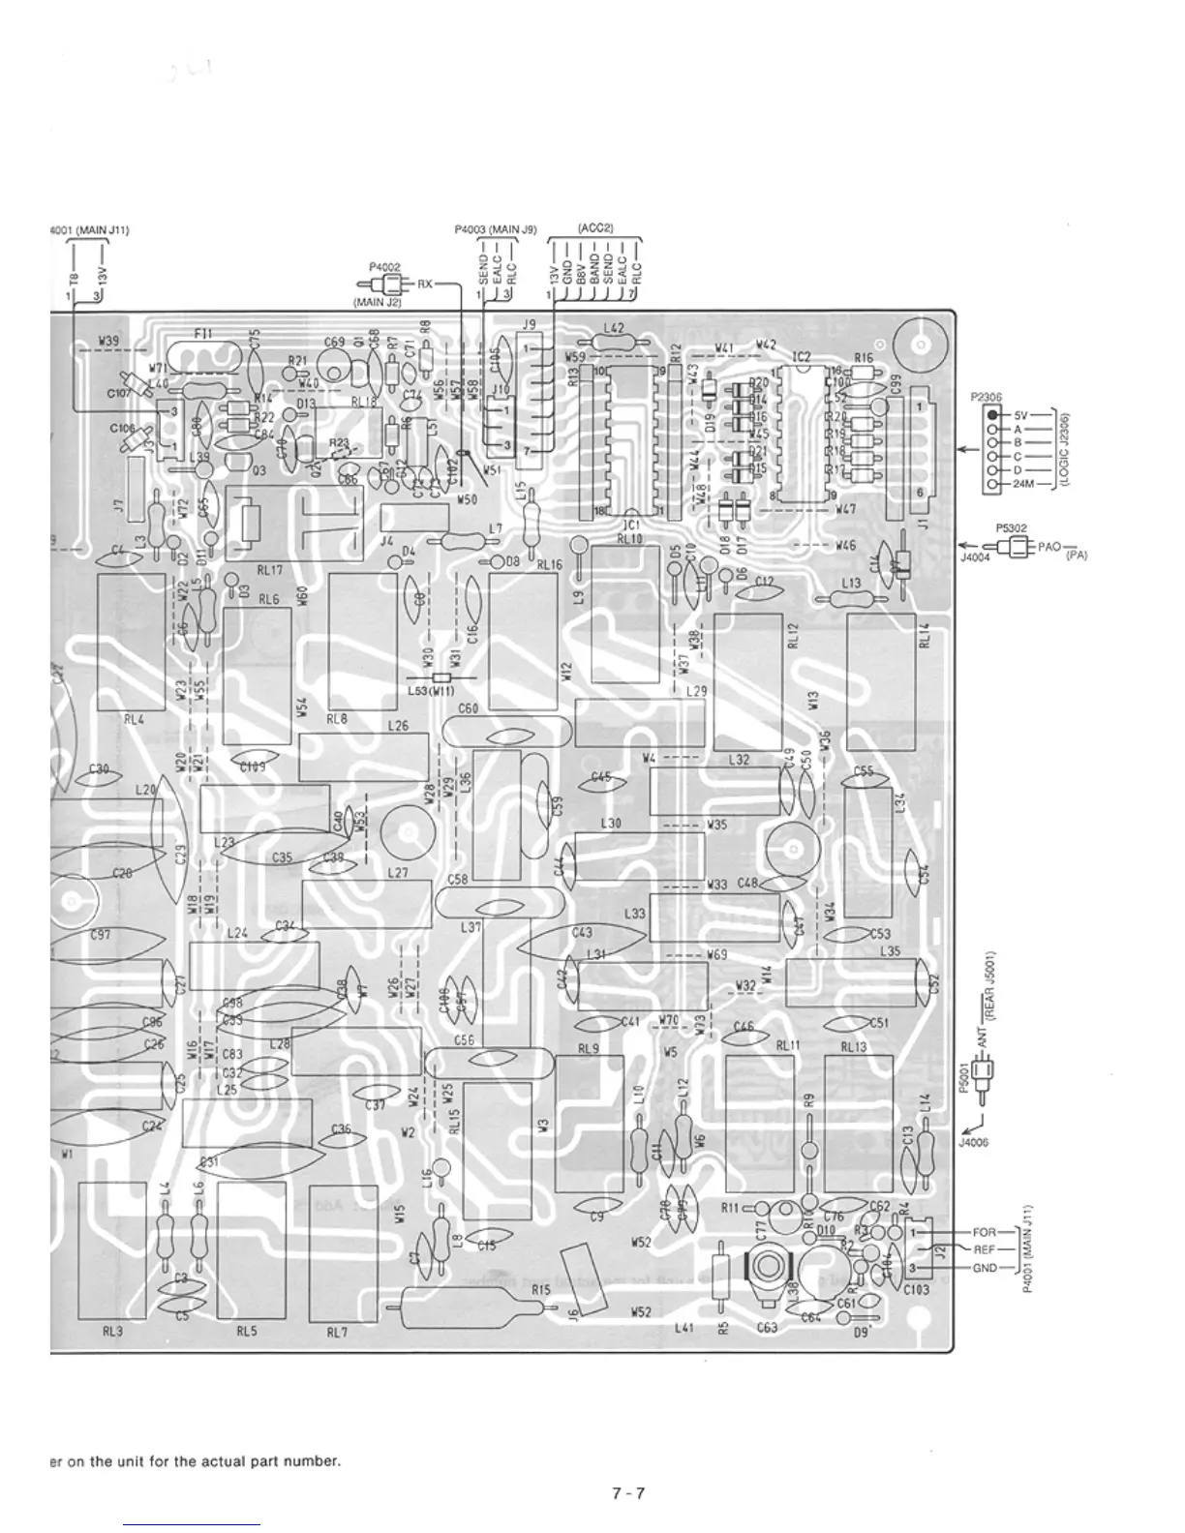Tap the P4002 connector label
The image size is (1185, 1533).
click(384, 266)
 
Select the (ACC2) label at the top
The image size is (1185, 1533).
click(593, 229)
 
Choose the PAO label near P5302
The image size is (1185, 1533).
click(1049, 547)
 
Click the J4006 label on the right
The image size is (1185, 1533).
click(971, 1142)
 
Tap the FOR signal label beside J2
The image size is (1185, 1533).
click(984, 1233)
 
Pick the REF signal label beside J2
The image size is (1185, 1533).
click(984, 1249)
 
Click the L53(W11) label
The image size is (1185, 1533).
click(431, 691)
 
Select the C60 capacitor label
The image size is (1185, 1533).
click(468, 709)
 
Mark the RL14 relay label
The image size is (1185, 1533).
click(926, 635)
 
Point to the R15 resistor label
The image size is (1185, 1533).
click(540, 1290)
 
